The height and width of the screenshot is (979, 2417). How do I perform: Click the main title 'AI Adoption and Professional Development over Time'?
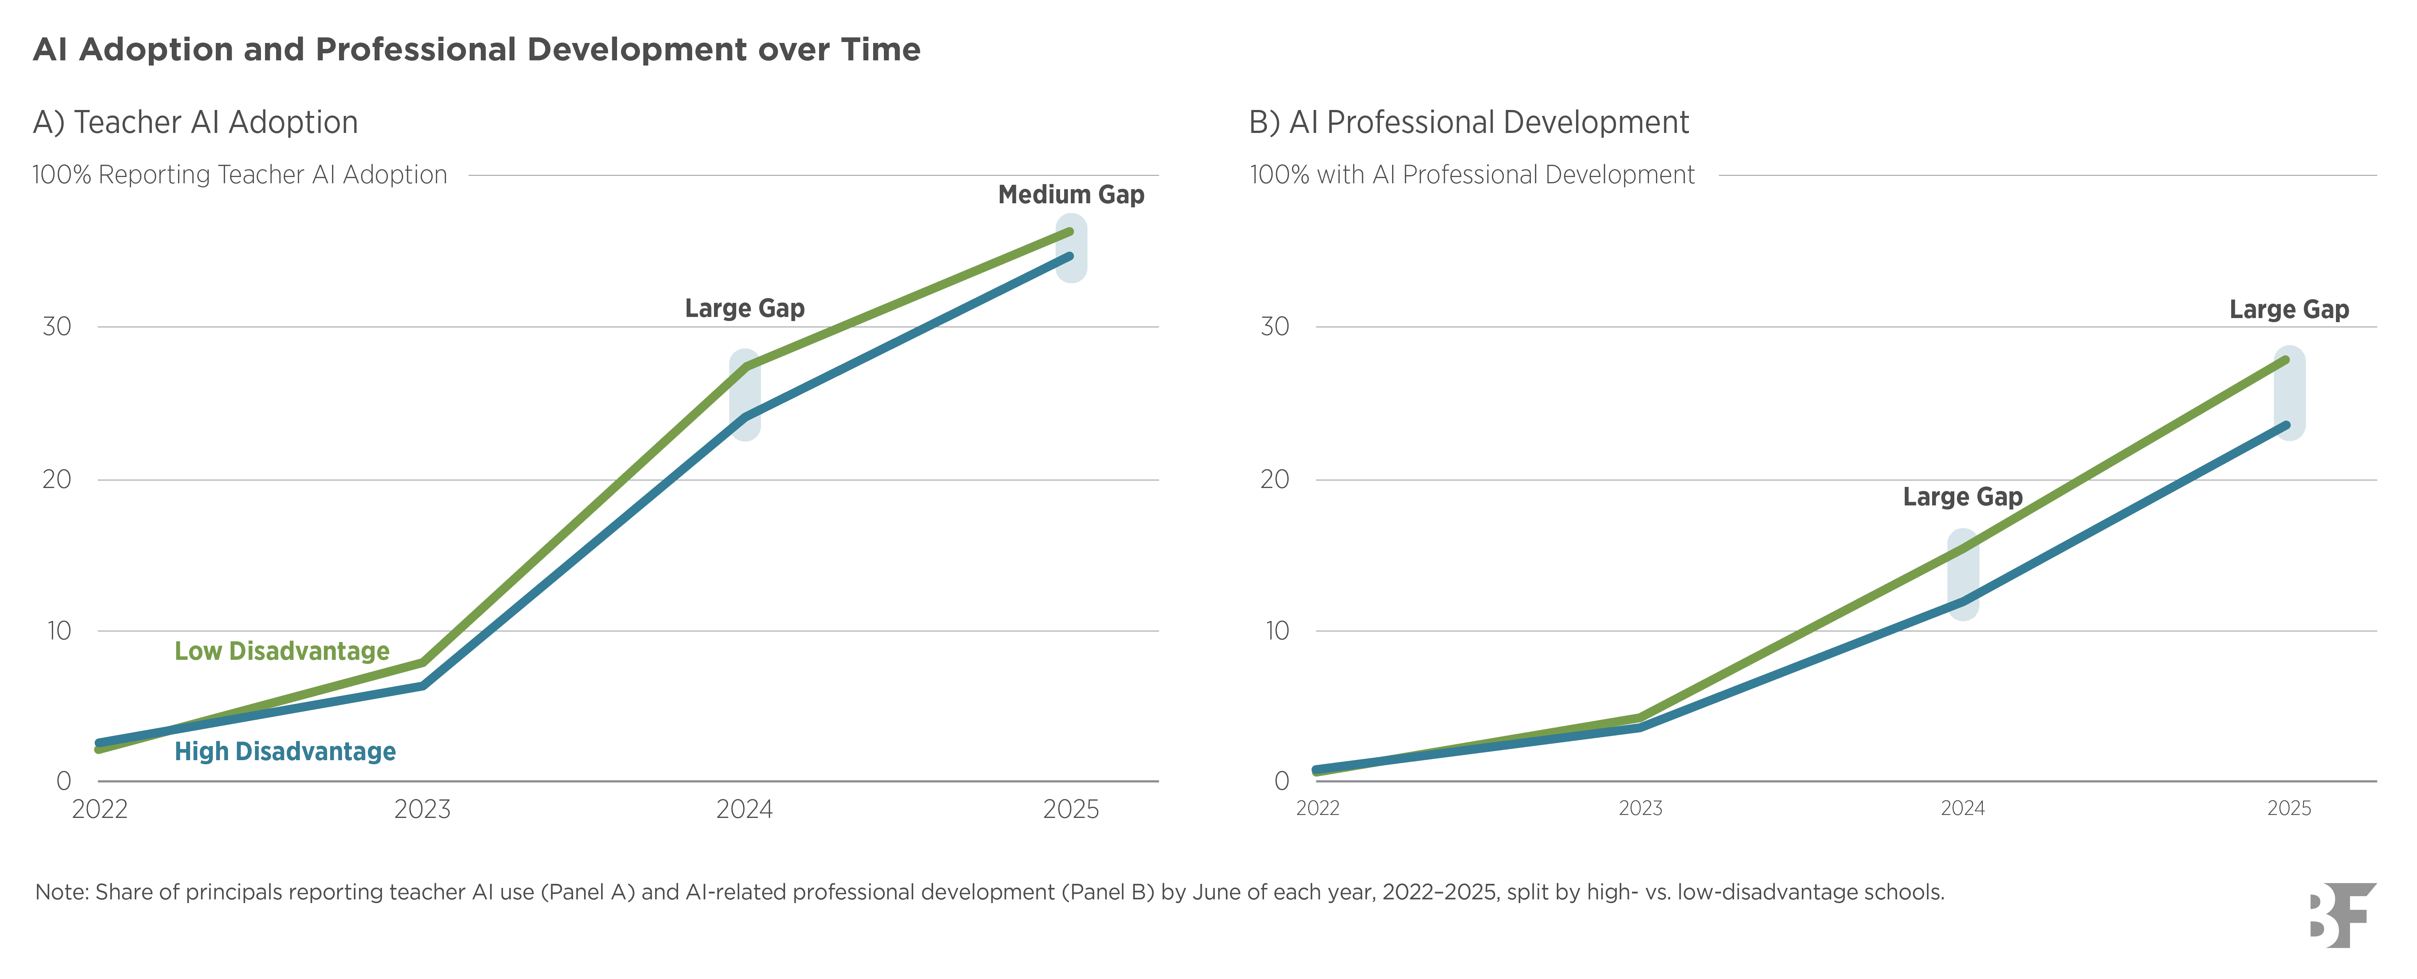(x=477, y=49)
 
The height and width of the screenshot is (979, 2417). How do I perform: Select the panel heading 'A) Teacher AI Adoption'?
(x=195, y=122)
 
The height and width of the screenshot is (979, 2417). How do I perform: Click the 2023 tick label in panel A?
(x=422, y=809)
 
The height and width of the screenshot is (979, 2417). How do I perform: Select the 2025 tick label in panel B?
(x=2289, y=808)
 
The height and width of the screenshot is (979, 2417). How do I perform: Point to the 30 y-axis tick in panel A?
(x=57, y=327)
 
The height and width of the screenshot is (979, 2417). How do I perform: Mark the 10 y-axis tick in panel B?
(x=1277, y=631)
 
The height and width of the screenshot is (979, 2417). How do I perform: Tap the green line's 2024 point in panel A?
(x=745, y=366)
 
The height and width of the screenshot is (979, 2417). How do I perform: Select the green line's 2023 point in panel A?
(x=423, y=663)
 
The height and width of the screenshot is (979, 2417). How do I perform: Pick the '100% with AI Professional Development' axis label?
(x=1472, y=175)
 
